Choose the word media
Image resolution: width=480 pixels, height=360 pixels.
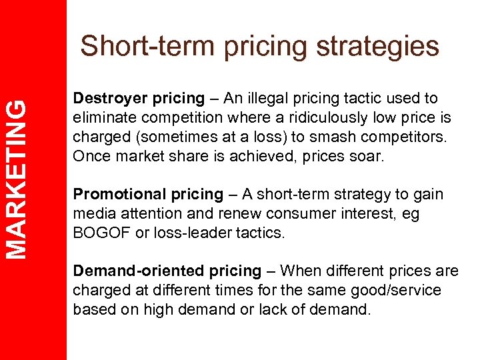pyautogui.click(x=92, y=213)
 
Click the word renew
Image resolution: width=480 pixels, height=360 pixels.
pyautogui.click(x=213, y=213)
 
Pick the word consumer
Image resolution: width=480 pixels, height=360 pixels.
pyautogui.click(x=270, y=213)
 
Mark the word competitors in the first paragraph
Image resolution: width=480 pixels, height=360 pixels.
pyautogui.click(x=404, y=137)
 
